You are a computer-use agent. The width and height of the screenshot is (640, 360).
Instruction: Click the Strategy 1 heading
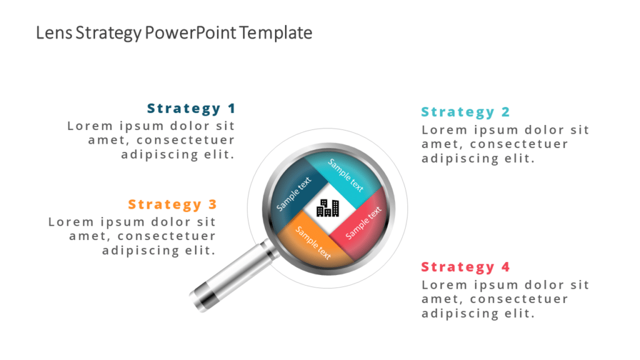(x=191, y=108)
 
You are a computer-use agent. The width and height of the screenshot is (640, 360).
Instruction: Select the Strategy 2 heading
(x=465, y=112)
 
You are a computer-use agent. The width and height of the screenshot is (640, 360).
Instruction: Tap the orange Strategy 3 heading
(x=172, y=204)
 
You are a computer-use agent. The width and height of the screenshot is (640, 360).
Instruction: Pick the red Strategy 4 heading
(x=465, y=267)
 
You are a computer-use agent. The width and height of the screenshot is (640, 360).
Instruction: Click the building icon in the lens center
(x=327, y=207)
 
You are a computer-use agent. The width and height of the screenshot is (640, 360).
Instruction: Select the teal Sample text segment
(x=346, y=175)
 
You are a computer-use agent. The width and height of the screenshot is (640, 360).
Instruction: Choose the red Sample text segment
(x=363, y=222)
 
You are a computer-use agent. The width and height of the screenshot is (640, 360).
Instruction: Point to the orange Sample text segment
(x=312, y=242)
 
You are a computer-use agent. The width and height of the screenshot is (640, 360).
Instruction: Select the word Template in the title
(x=276, y=32)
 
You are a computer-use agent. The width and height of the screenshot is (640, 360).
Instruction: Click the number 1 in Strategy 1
(x=231, y=108)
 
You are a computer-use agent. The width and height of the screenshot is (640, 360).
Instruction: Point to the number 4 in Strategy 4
(x=506, y=267)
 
